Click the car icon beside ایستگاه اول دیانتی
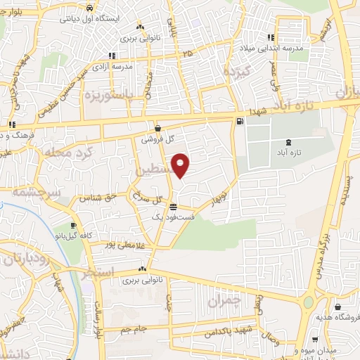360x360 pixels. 89,8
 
